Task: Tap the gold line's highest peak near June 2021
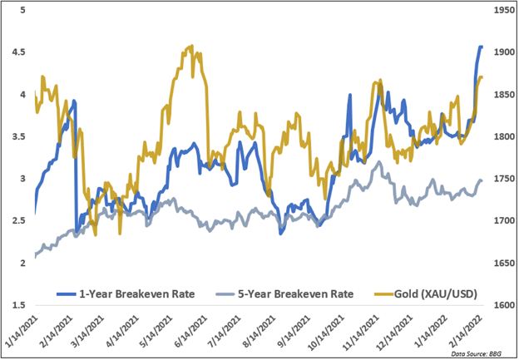192,47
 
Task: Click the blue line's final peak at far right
480,47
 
